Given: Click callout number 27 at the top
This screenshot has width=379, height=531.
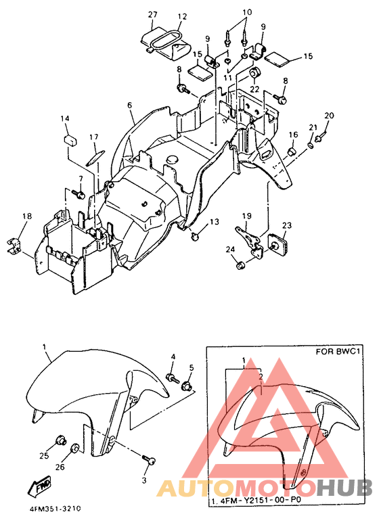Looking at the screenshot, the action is (x=153, y=15).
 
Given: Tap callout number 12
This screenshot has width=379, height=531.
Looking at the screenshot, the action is (x=182, y=16).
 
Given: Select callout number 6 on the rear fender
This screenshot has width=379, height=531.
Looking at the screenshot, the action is (x=130, y=106).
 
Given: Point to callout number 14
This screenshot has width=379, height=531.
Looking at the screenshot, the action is (x=65, y=118).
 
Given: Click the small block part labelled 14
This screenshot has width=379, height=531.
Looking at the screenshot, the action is (x=70, y=139).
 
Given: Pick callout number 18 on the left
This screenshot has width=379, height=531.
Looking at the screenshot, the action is (x=27, y=216).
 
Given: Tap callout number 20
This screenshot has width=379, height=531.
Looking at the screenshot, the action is (x=329, y=116).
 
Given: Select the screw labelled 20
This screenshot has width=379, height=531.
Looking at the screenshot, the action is (x=319, y=137).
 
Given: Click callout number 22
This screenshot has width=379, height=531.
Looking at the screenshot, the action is (x=254, y=89).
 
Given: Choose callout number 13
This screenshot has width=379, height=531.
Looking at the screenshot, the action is (x=215, y=222).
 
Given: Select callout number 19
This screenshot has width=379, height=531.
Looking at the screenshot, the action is (x=247, y=216).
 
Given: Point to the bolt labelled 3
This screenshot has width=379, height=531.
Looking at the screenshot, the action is (x=149, y=459).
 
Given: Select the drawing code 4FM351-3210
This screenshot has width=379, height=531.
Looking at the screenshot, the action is (x=55, y=509).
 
